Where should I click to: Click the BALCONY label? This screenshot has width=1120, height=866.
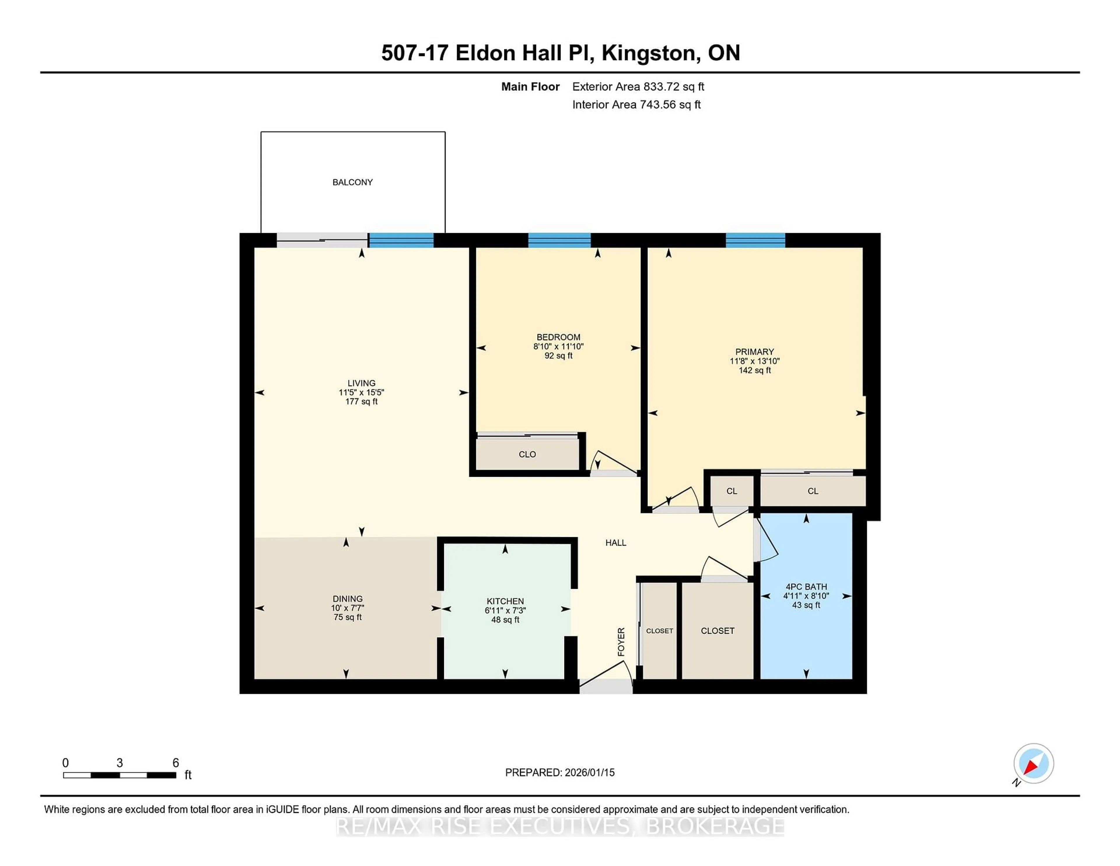click(x=352, y=182)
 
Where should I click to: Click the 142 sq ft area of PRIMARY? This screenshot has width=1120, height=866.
click(x=754, y=370)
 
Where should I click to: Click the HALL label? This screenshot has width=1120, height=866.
click(x=615, y=543)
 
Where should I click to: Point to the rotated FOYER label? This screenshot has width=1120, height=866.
click(x=621, y=642)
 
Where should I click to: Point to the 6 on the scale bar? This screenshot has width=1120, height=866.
click(x=175, y=763)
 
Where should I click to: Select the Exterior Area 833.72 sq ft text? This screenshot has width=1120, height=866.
click(x=638, y=87)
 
